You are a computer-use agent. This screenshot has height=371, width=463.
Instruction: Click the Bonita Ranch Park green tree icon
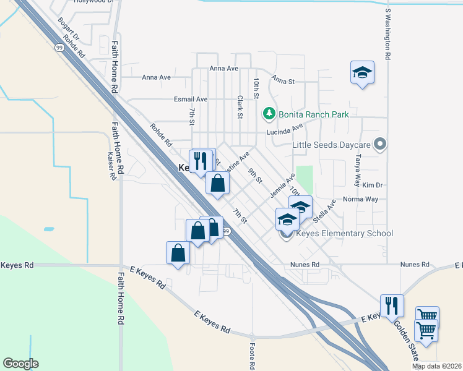click(x=269, y=114)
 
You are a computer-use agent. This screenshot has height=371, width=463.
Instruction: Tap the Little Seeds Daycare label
click(x=331, y=145)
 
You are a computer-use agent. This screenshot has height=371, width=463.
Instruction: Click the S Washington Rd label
click(x=388, y=34)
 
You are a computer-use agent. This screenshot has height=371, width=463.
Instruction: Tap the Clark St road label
click(x=240, y=106)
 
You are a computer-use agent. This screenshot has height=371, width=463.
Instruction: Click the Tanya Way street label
click(x=357, y=171)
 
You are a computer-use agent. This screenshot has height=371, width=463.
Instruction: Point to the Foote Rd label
click(x=253, y=356)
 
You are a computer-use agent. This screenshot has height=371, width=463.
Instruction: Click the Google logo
click(x=20, y=364)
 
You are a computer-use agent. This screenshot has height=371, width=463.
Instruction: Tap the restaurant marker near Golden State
click(x=392, y=305)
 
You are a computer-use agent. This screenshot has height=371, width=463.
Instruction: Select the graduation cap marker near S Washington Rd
click(x=362, y=72)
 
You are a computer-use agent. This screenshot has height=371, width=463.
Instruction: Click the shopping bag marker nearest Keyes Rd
click(x=178, y=254)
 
